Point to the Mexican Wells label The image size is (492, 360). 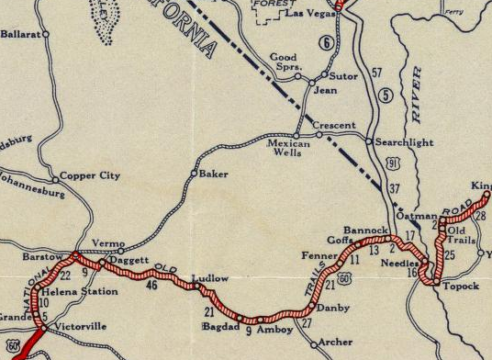tap(291, 150)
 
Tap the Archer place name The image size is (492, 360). tap(336, 343)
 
